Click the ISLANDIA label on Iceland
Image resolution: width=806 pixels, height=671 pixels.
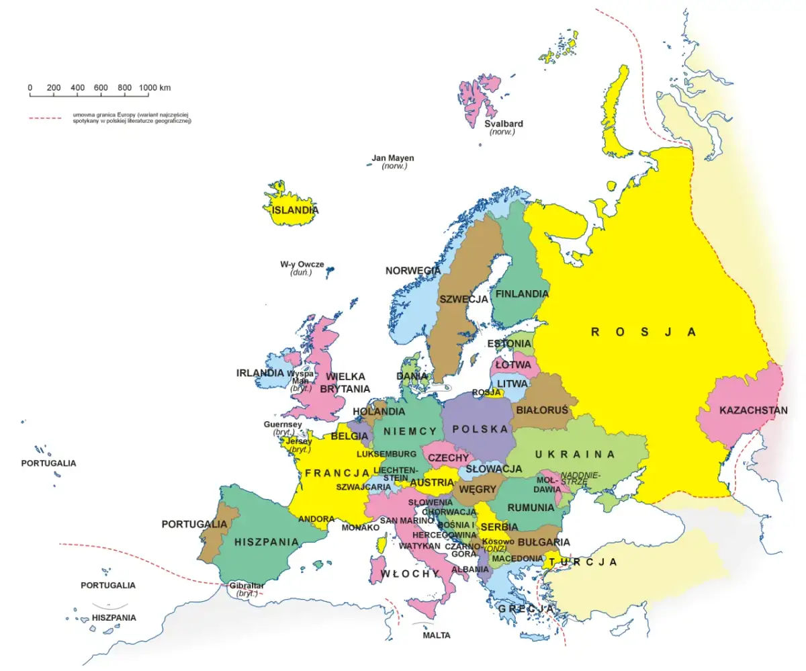(x=295, y=210)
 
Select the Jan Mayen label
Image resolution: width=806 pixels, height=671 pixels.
(x=393, y=159)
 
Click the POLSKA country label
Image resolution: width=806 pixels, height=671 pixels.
(x=480, y=429)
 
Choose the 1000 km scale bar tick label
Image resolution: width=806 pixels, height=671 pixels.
(x=154, y=88)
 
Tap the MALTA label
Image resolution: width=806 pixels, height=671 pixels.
(x=437, y=635)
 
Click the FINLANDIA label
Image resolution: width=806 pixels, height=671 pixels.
(x=522, y=294)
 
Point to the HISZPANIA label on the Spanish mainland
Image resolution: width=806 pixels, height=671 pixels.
(x=267, y=541)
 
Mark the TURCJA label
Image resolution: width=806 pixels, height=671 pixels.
(x=582, y=562)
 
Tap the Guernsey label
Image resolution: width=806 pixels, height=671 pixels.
(x=283, y=424)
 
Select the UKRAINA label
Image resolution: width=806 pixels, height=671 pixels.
(x=575, y=455)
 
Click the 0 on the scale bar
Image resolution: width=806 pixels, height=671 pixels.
(x=30, y=88)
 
